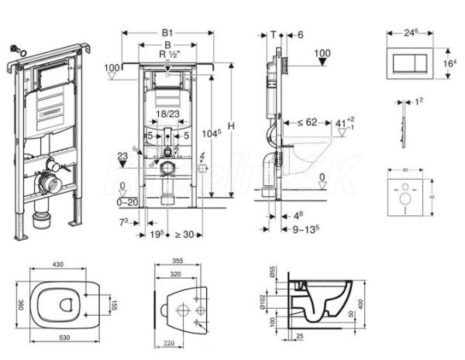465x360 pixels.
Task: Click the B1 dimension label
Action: click(167, 33)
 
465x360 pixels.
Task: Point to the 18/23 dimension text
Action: click(165, 114)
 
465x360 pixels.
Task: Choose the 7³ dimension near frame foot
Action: click(124, 223)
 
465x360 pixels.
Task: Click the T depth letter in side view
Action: click(274, 33)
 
